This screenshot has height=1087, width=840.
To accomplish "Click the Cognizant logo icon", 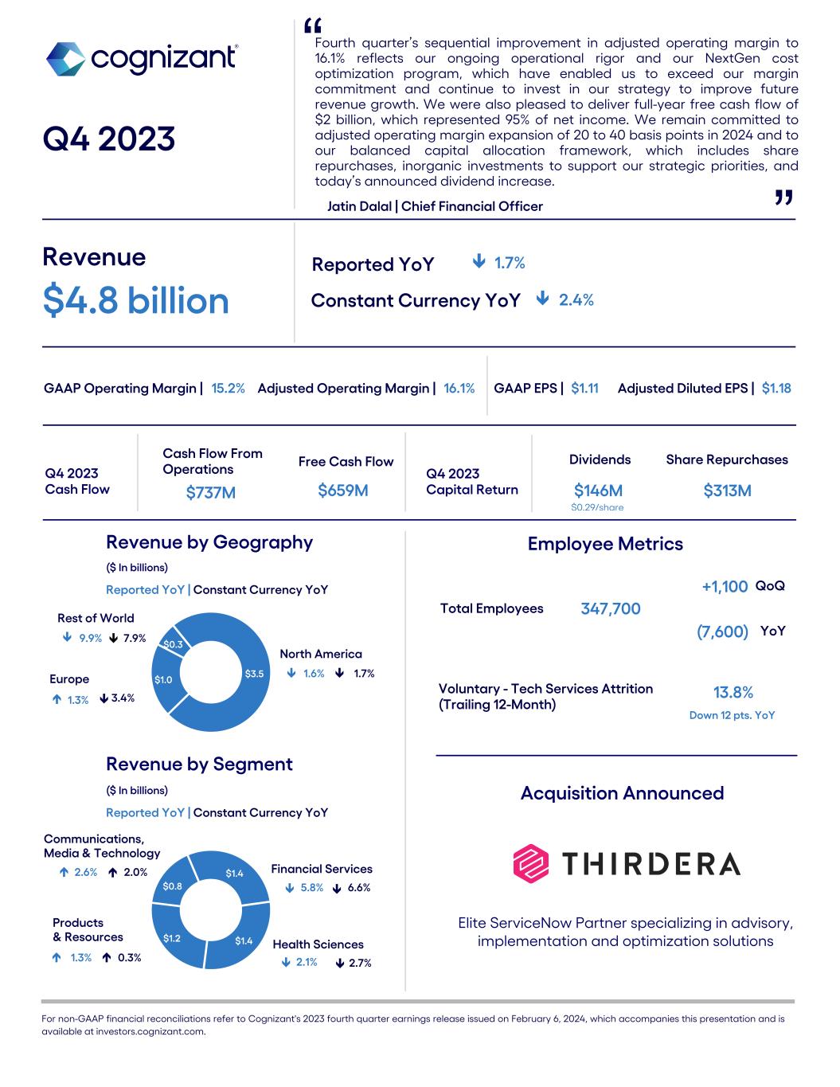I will [66, 59].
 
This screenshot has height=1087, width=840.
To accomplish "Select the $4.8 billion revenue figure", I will [135, 301].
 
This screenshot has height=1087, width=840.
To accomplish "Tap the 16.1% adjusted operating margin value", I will [459, 389].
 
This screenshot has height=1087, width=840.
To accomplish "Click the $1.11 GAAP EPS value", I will [584, 389].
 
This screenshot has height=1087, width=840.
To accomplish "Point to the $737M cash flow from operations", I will [210, 493].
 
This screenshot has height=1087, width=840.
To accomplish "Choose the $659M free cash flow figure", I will [342, 491].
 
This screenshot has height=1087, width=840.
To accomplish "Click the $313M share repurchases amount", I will [726, 491].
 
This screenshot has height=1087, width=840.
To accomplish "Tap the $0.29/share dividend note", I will [597, 507].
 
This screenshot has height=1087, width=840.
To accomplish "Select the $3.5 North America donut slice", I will [254, 674].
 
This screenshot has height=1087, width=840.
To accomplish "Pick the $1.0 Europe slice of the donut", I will [163, 679].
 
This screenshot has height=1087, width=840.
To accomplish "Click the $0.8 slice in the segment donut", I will [172, 886].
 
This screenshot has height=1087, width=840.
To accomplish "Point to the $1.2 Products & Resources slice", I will [172, 938].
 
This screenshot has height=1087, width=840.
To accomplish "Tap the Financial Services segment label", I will [321, 869].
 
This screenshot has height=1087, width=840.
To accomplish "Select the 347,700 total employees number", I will [610, 609].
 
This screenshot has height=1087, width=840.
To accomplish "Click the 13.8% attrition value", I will [732, 693].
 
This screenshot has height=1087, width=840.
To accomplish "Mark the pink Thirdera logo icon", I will [531, 863].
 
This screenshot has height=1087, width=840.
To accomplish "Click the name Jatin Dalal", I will [359, 206].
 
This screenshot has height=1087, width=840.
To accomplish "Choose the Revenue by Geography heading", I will [209, 542].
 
